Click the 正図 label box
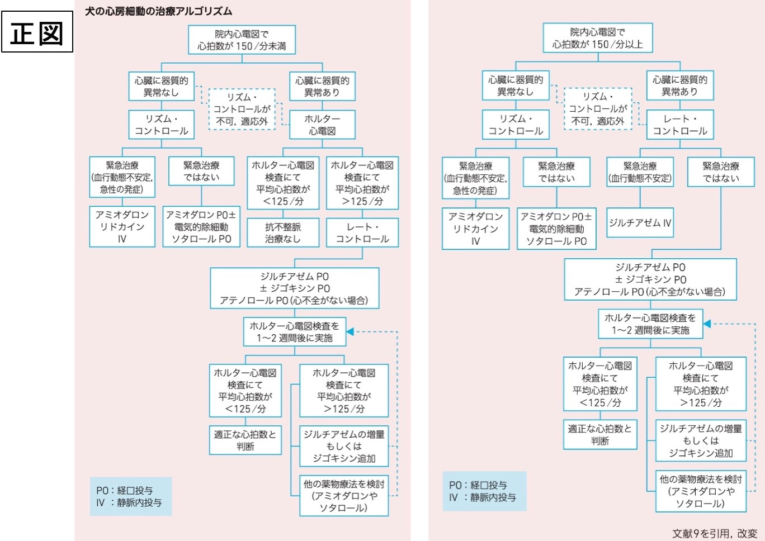click(x=37, y=32)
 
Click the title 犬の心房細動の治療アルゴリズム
click(x=158, y=11)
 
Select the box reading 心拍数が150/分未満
click(x=242, y=40)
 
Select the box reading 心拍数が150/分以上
click(x=597, y=38)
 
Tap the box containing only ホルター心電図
click(x=322, y=125)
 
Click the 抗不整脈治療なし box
click(x=283, y=232)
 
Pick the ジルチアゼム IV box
click(x=640, y=222)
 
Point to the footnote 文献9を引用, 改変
click(x=714, y=533)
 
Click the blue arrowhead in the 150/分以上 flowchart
click(x=707, y=324)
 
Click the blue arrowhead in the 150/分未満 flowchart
click(x=350, y=331)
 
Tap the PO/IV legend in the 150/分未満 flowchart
click(x=130, y=496)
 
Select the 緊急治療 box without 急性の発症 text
click(x=640, y=172)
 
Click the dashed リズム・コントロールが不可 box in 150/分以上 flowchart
click(x=597, y=109)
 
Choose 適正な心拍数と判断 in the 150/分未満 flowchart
click(x=245, y=440)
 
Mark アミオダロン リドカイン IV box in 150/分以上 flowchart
click(x=475, y=229)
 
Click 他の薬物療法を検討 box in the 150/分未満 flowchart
click(x=343, y=496)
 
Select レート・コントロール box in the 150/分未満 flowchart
click(x=362, y=232)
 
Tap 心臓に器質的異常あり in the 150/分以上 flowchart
click(x=679, y=86)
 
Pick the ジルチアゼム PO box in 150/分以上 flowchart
click(x=650, y=279)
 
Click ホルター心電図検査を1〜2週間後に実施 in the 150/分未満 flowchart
click(x=294, y=331)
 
